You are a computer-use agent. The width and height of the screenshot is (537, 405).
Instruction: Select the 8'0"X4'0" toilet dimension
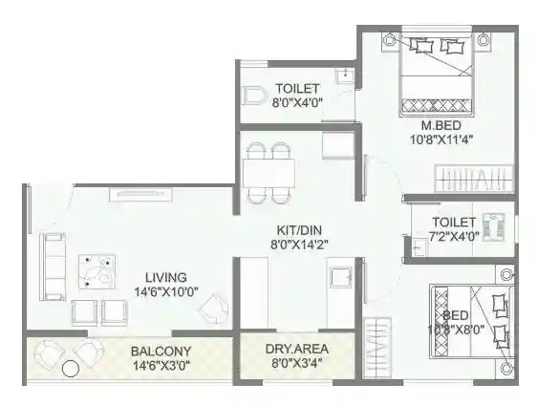point(296,101)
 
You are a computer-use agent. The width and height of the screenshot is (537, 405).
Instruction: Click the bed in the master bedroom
point(437,72)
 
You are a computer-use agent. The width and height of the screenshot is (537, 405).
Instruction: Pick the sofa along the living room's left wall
point(50,258)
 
